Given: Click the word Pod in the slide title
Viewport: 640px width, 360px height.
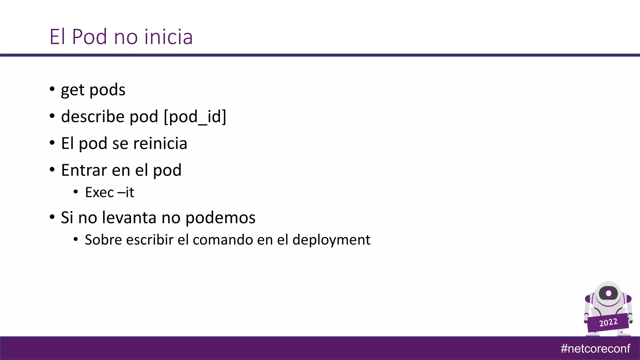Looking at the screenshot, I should coord(89,37).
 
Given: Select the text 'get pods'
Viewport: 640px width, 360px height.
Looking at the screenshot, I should coord(93,90).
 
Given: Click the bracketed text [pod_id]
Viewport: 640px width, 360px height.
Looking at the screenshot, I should coord(195,117).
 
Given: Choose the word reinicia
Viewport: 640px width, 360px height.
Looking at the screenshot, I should coord(160,143).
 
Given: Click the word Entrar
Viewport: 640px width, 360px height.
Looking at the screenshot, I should coord(84,170).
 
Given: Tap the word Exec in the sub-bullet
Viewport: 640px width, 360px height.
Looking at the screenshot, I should coord(99,192).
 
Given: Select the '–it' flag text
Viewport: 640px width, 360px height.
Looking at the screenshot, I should coord(126,192).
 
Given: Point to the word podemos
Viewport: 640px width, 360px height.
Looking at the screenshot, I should coord(220,218).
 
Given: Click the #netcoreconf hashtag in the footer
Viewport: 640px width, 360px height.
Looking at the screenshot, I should coord(595,348).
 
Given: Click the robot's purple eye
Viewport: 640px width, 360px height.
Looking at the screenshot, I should coord(608,293).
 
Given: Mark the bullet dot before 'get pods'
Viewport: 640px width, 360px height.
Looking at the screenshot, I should coord(52,89).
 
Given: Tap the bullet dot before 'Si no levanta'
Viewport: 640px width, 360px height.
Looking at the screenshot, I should coord(52,217).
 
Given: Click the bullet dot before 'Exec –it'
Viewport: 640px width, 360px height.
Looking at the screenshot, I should coord(76,192).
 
